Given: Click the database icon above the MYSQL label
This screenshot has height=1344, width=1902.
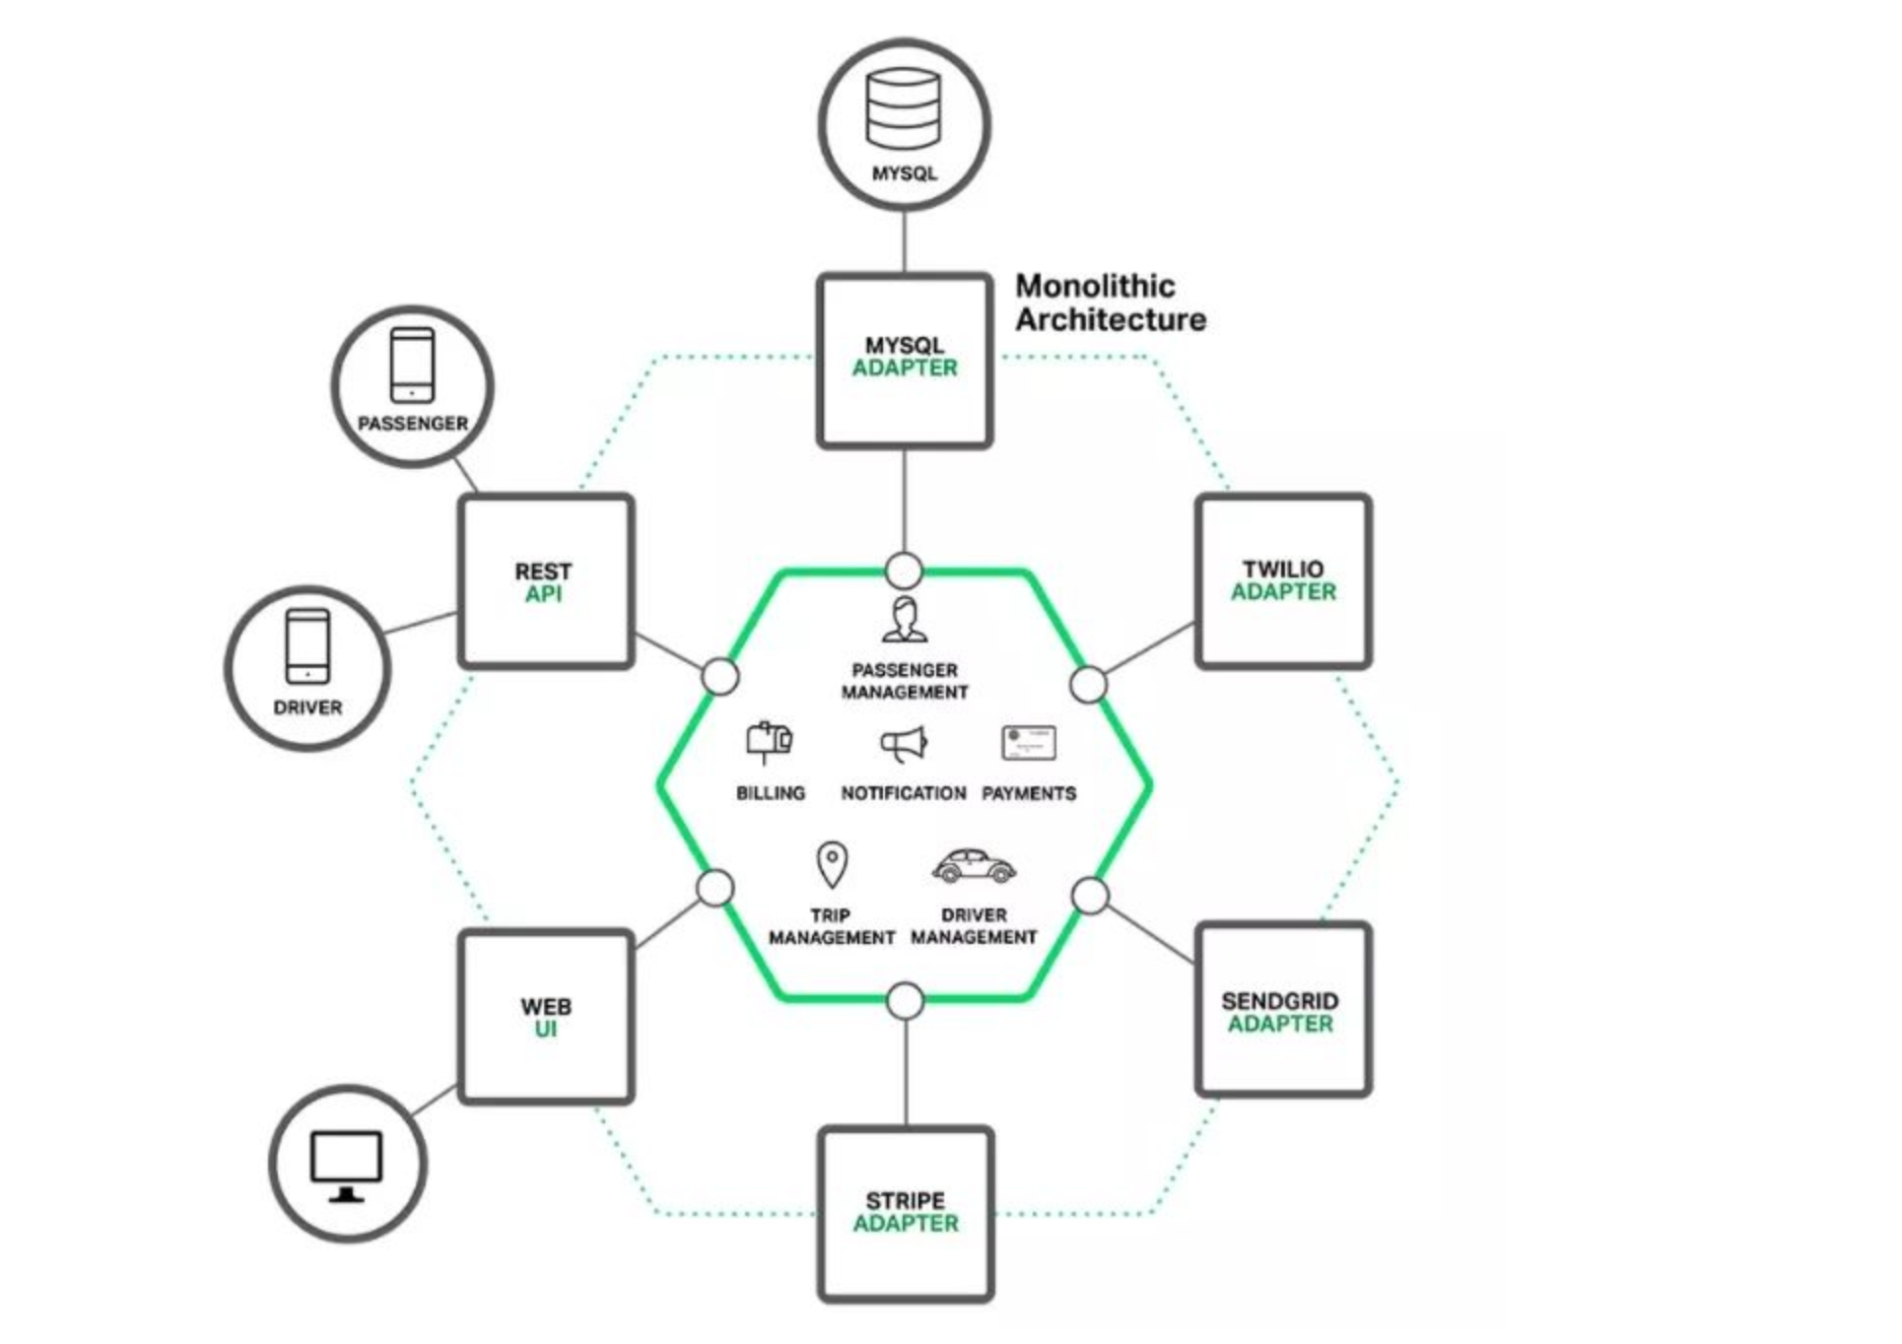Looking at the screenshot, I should [903, 108].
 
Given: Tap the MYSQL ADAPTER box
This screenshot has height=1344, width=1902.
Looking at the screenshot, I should [905, 361].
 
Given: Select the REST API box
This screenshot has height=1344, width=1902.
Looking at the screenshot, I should [545, 581].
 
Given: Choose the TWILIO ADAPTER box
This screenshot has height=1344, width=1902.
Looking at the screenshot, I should [1283, 581].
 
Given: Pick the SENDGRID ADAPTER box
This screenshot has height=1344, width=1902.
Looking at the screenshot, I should [1283, 1010].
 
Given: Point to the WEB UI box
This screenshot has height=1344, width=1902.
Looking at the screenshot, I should [545, 1016].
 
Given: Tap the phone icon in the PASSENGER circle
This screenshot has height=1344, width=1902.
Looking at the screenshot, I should [412, 365].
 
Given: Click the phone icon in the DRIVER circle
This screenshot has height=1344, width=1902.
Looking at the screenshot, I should [307, 645].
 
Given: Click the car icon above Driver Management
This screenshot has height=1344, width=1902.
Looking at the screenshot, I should [974, 866].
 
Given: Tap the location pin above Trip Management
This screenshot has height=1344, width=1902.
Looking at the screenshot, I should [832, 864].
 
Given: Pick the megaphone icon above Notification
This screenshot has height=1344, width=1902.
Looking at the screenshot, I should [904, 744].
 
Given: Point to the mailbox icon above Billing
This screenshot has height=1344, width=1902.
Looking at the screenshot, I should [770, 742].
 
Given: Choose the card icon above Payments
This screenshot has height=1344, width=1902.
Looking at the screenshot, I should [1029, 743].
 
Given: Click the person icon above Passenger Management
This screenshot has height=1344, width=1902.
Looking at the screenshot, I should [904, 619].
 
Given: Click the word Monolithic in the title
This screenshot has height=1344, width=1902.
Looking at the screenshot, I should [1095, 287].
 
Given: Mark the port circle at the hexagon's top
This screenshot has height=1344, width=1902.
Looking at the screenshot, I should [904, 571].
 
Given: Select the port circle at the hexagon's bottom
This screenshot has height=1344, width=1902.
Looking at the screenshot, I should [905, 1001].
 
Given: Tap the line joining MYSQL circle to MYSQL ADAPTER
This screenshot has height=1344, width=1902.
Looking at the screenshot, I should [905, 240].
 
